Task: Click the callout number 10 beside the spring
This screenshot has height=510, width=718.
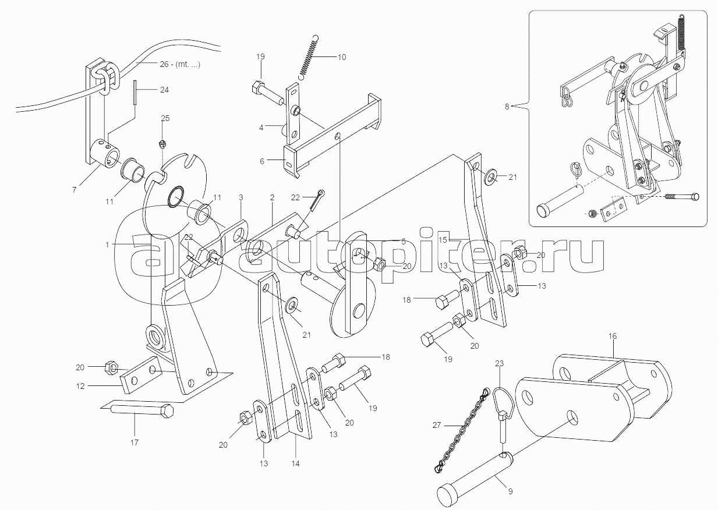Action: [342, 57]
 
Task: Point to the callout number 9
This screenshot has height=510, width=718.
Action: [510, 491]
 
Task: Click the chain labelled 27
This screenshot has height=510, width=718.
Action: [461, 430]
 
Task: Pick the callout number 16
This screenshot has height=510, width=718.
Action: [612, 337]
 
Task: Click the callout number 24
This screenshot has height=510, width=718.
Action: [165, 90]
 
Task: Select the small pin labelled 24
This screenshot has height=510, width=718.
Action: [135, 92]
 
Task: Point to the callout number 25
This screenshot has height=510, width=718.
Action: [165, 118]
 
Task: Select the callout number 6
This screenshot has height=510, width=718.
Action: [261, 162]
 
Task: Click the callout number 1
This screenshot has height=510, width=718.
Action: [107, 245]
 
